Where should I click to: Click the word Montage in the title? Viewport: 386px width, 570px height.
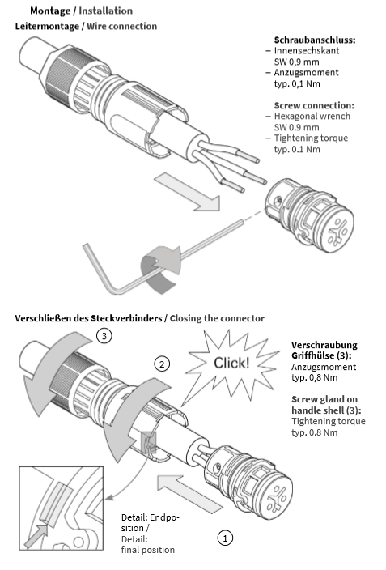point(50,11)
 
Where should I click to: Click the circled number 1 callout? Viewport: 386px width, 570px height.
point(225,538)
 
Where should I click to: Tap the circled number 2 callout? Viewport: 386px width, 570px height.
point(162,364)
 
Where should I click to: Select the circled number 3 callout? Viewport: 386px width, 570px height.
point(104,335)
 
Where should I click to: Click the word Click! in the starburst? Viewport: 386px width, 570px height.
point(231,363)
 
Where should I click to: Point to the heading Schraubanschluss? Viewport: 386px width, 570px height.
point(315,40)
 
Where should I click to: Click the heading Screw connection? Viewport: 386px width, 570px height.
point(314,105)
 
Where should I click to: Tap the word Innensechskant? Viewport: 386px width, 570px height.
point(307,50)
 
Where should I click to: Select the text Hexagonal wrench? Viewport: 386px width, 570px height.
point(312,117)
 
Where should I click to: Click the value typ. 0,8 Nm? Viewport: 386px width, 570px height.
point(315,377)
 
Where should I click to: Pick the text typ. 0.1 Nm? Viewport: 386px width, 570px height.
point(297,149)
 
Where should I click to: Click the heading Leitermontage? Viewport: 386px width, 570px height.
point(47,26)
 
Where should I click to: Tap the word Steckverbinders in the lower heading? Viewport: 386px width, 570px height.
point(126,318)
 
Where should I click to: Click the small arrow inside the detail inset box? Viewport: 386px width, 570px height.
point(36,536)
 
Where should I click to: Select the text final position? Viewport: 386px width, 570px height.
point(148,550)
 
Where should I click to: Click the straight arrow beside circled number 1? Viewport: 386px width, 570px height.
point(189,493)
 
